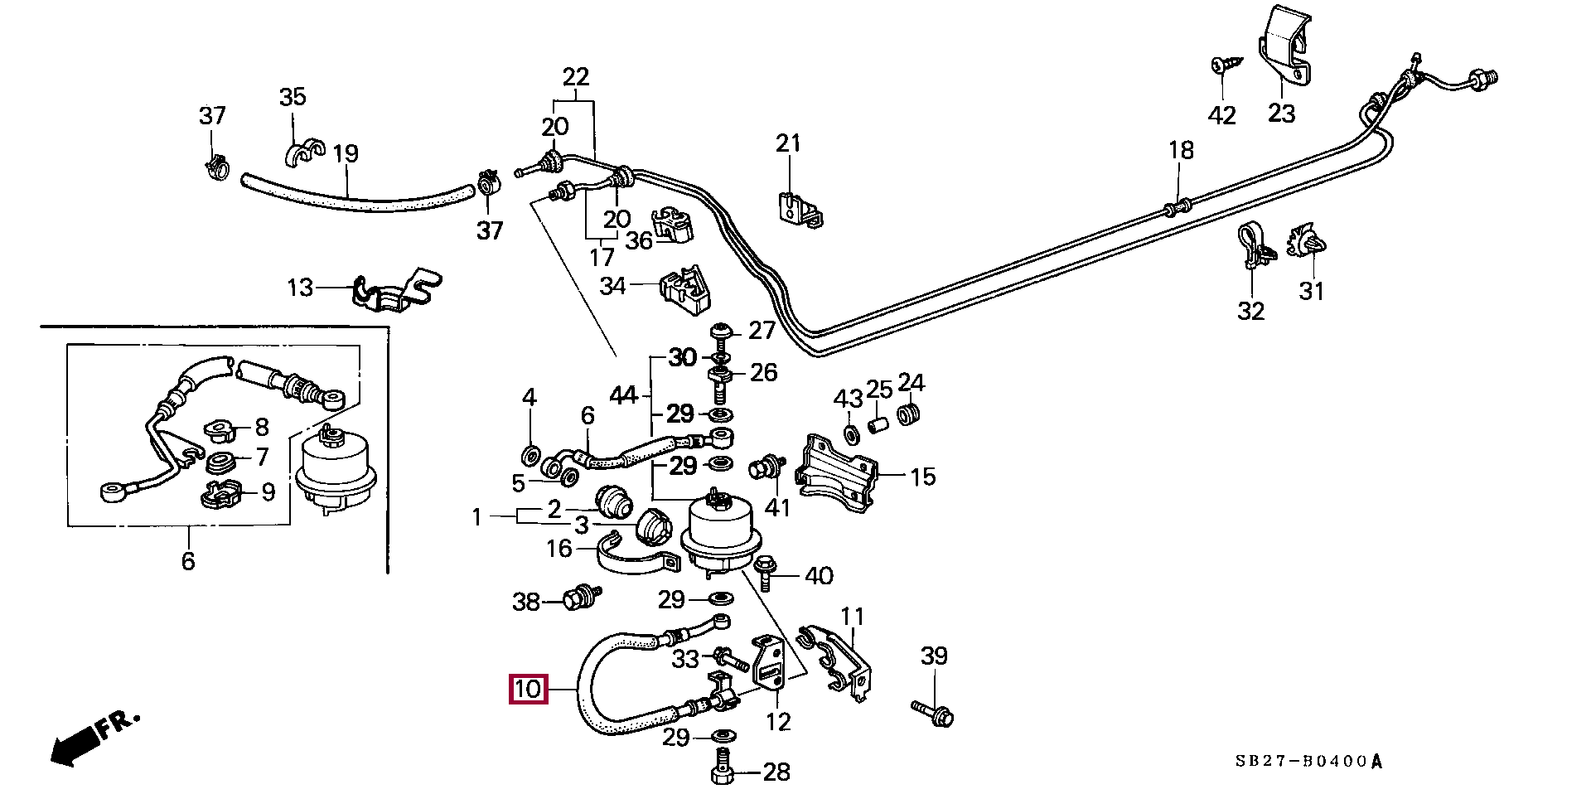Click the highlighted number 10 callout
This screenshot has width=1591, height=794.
529,690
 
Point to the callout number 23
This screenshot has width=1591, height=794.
1280,112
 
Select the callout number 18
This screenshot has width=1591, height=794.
1181,150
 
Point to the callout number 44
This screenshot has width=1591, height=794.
622,395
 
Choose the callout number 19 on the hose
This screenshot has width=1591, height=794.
346,153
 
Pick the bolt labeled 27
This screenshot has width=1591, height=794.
720,332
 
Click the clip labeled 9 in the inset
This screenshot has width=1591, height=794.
220,494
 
